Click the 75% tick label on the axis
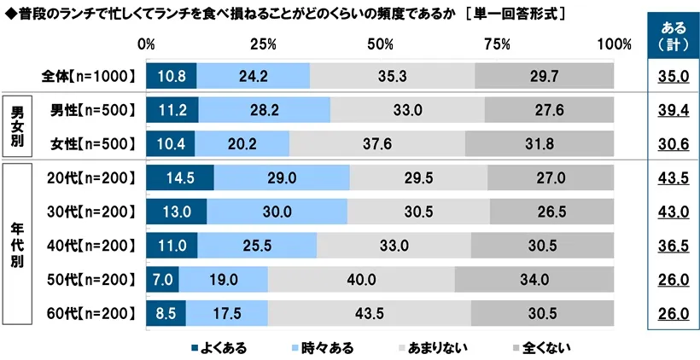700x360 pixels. pos(495,44)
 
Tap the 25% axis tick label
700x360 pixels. pos(264,44)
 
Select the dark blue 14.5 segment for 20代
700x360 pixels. pos(179,177)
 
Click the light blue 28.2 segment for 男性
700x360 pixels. pos(264,109)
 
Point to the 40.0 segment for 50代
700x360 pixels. pos(361,279)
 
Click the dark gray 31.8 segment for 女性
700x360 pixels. pos(540,142)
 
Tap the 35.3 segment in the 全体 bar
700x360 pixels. pos(392,76)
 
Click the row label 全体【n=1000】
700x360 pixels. pos(89,76)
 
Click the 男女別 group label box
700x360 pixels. pos(17,125)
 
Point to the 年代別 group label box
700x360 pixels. pos(17,247)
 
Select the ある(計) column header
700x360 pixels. pos(673,38)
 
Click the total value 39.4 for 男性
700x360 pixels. pos(673,109)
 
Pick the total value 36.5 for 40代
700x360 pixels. pos(673,246)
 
